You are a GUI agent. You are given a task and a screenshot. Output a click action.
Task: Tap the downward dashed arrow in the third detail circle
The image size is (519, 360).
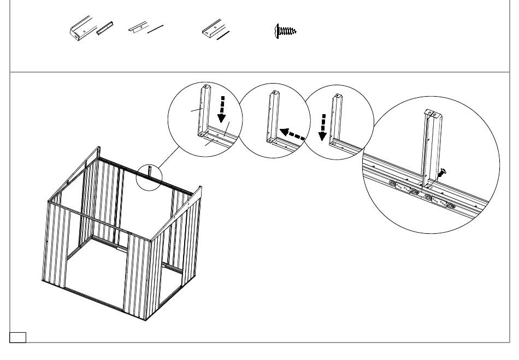tap(323, 125)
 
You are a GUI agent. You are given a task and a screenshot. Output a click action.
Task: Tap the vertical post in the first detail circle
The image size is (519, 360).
tap(204, 109)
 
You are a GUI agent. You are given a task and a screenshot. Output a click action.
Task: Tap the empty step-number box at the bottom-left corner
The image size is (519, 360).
tap(18, 336)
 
